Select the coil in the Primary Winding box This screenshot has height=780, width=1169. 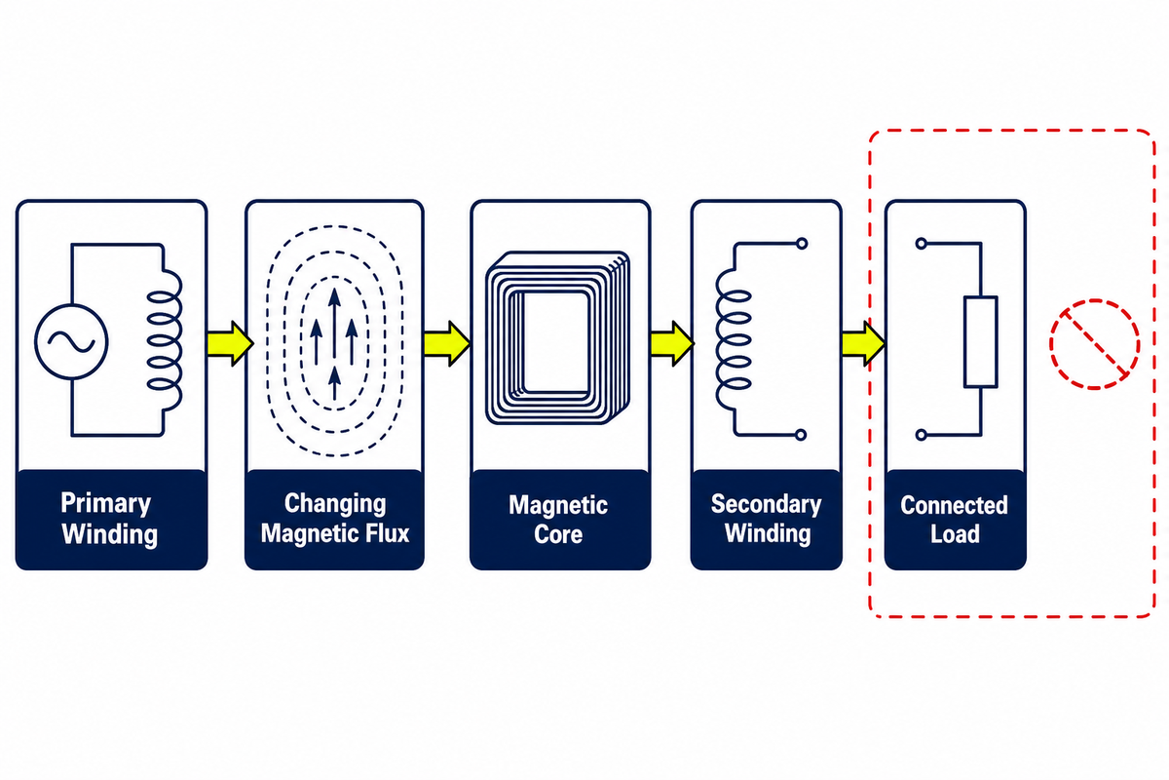pos(165,340)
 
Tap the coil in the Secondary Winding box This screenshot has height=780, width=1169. pos(733,339)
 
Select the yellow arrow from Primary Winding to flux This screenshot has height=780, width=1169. pos(231,343)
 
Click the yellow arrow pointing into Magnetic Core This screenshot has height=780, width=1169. pos(447,343)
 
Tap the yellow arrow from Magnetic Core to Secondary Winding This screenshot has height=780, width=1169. pos(673,343)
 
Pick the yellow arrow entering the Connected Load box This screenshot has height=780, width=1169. pos(864,343)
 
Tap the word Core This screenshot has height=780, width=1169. pos(558,534)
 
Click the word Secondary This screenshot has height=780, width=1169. pos(766,505)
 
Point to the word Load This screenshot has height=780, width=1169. pos(955,534)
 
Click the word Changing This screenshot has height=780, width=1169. pos(335,504)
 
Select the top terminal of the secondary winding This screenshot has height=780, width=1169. pos(802,244)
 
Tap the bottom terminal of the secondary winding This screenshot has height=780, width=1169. pos(801,435)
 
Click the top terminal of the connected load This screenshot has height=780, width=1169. pos(922,244)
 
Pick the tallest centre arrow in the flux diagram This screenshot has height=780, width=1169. pos(334,326)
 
